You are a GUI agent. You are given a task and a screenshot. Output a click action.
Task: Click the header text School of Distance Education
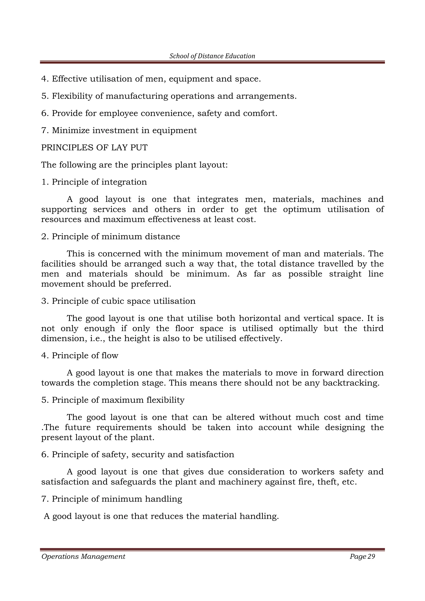(212, 56)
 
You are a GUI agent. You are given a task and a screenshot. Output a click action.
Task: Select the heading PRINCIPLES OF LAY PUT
(94, 148)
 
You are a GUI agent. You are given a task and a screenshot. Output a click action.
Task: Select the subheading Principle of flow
(85, 355)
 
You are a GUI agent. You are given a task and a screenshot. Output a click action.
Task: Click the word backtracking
(351, 383)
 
